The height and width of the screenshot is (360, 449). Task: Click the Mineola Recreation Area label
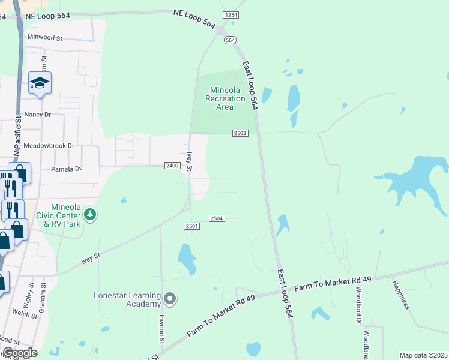coord(224,98)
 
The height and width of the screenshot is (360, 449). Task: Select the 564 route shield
coord(231,40)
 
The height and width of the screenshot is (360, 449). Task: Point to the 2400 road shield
coord(172,166)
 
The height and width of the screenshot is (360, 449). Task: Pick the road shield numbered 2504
coord(217,218)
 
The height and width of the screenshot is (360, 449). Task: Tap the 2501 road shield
coord(191,226)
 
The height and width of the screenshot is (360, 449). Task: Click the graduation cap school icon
coord(40,83)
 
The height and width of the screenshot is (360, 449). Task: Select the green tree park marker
coord(90,214)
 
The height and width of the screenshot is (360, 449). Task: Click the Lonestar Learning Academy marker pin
coord(170,298)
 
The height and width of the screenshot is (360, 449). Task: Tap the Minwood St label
coord(45,38)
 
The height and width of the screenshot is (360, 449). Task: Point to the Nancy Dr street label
coord(38,114)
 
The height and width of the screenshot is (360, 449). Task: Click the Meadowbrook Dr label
coord(49,146)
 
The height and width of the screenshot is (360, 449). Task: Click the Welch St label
coord(25,313)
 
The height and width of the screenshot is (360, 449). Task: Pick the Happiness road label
coord(400,295)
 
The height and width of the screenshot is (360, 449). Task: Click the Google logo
coord(19,353)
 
